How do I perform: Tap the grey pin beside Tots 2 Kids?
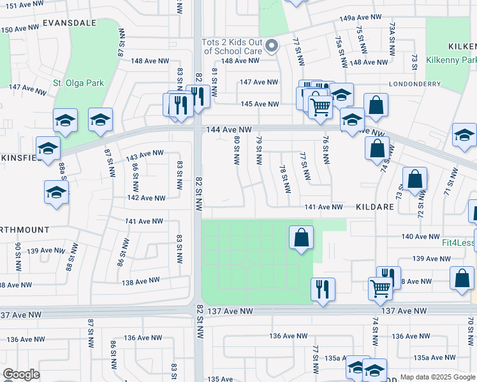(x=272, y=45)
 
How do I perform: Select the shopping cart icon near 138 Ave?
(x=381, y=288)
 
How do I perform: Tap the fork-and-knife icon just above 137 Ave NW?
(x=323, y=290)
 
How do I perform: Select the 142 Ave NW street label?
(x=146, y=198)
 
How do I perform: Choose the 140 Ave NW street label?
(x=421, y=236)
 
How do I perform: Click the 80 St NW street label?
(x=237, y=150)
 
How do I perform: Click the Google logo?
(x=21, y=374)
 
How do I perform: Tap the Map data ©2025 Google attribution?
(x=437, y=377)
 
